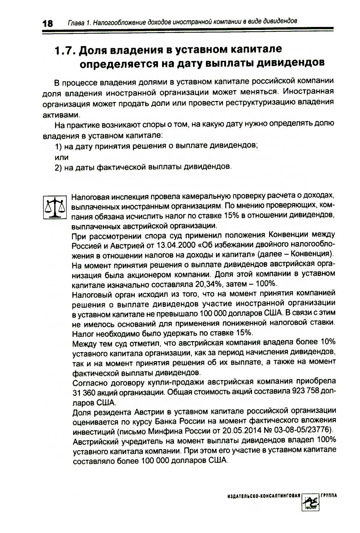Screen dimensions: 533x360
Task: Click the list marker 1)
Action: pos(59,146)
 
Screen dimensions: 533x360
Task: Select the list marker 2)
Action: pos(59,167)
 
